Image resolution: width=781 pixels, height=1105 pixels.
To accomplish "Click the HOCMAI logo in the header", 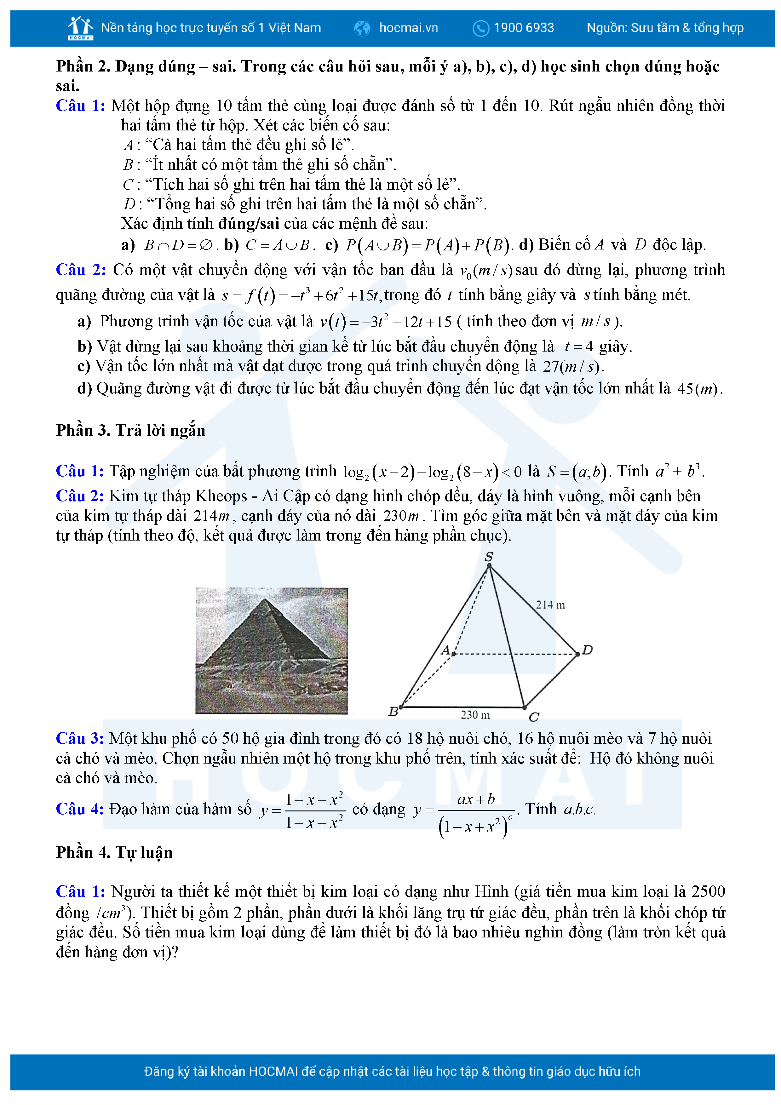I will [80, 28].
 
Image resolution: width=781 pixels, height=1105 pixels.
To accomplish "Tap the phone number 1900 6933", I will [524, 28].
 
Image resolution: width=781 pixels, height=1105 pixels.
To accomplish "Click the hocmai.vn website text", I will [409, 28].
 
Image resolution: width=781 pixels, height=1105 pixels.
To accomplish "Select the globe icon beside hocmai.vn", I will [362, 28].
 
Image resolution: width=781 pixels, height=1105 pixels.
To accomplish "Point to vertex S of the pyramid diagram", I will [489, 557].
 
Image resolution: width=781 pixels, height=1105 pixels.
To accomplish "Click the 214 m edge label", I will [550, 605].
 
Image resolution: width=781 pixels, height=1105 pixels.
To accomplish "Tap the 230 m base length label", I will [475, 715].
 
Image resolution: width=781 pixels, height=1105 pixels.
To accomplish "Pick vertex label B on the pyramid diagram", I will [393, 711].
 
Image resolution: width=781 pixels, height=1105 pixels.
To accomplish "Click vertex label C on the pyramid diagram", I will [534, 717].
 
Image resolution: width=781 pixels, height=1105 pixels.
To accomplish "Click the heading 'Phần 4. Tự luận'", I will [114, 852].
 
